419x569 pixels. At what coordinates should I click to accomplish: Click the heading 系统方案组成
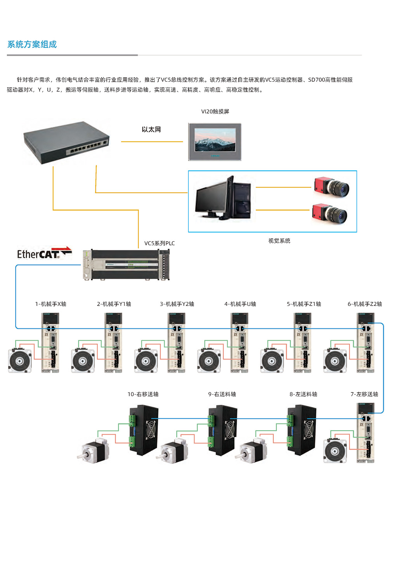(32, 44)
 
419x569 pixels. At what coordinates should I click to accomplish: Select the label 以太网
(151, 130)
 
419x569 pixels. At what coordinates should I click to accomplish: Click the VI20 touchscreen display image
(215, 142)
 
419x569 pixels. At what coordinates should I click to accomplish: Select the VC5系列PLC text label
(159, 243)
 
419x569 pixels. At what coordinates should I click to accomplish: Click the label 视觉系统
(279, 241)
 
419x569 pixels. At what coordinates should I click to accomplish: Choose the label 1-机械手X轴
(51, 304)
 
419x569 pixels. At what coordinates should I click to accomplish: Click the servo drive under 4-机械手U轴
(239, 343)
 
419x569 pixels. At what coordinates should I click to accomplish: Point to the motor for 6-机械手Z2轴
(335, 361)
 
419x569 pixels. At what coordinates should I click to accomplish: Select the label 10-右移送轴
(143, 394)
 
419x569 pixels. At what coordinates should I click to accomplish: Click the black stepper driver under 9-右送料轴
(222, 430)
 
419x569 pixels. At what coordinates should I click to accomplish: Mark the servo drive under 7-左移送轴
(365, 432)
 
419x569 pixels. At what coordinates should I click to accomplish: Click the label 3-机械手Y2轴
(177, 304)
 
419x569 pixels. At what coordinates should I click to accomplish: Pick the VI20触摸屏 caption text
(215, 111)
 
